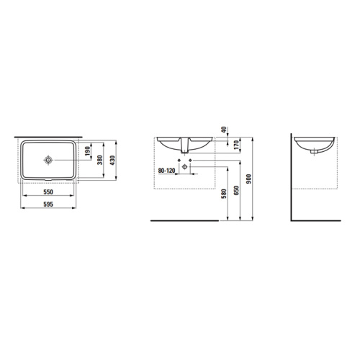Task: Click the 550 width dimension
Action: click(48, 192)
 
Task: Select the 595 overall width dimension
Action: click(48, 204)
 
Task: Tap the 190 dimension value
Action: click(88, 151)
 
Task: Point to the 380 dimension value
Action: click(100, 160)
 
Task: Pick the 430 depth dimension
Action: click(112, 160)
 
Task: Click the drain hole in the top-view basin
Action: click(48, 160)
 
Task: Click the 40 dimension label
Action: click(224, 130)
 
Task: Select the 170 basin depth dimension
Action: click(237, 145)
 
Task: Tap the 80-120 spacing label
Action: click(166, 171)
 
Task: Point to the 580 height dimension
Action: click(224, 194)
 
